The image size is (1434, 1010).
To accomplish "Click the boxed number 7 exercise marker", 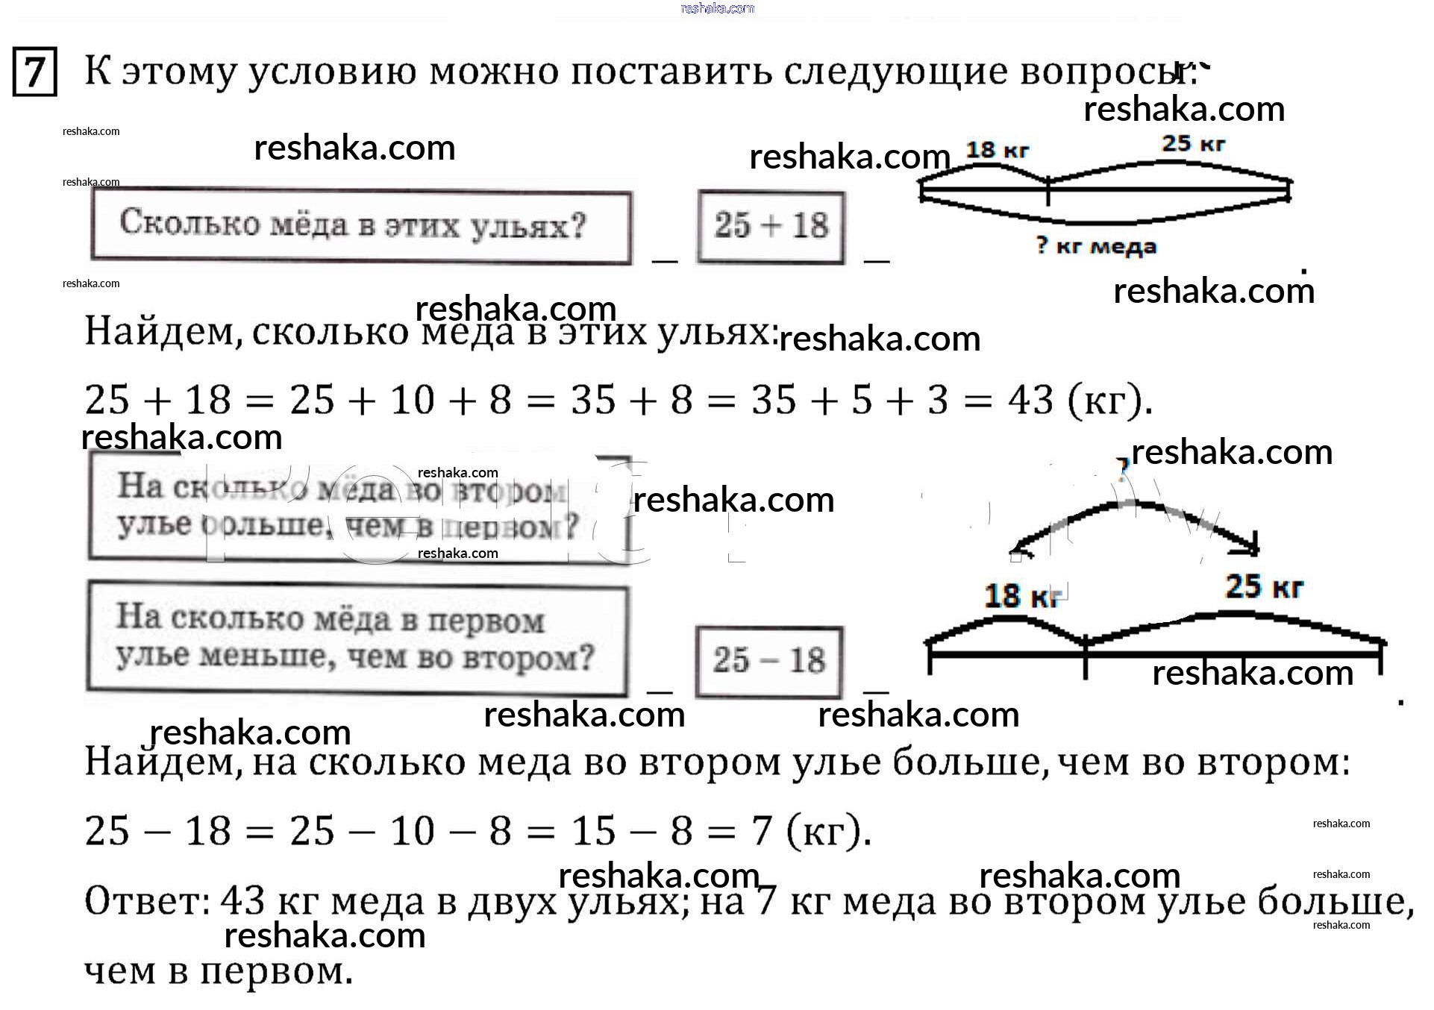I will (34, 72).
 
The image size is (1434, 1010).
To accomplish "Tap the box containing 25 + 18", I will (771, 227).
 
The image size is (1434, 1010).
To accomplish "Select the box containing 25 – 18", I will (768, 661).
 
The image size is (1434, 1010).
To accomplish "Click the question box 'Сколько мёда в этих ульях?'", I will (361, 227).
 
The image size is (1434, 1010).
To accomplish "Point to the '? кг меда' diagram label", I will (1096, 246).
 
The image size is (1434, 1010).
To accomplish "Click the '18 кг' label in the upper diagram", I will (997, 151).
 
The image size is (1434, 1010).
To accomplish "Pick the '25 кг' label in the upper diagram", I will (1193, 143).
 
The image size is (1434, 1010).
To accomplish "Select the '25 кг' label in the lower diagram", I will (1264, 587).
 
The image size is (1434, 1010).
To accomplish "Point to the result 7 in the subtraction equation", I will (762, 831).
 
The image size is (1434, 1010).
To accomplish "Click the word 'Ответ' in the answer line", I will (146, 901).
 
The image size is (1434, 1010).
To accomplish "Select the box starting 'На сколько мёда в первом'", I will (357, 639).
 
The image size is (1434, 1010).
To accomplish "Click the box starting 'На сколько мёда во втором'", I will (357, 507).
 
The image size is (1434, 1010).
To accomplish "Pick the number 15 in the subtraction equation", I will (594, 831).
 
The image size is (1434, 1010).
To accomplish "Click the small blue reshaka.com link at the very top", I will (717, 8).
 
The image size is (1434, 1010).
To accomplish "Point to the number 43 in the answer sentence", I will (243, 901).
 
